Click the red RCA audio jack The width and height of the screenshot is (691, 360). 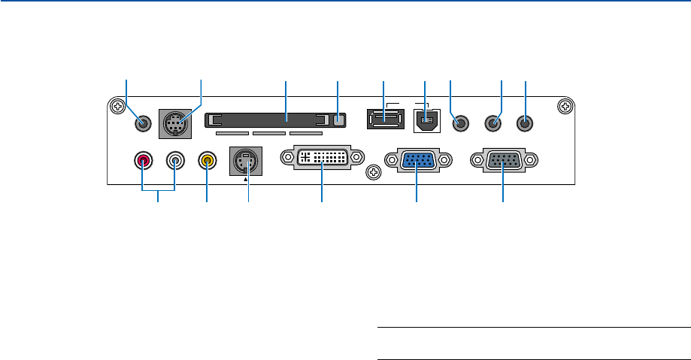click(x=143, y=160)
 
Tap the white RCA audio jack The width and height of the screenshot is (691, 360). click(x=175, y=160)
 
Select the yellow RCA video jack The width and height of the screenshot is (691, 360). click(x=207, y=160)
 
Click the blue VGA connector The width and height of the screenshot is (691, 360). click(x=417, y=162)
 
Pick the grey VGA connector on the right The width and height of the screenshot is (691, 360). click(x=502, y=162)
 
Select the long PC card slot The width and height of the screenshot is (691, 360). click(x=271, y=120)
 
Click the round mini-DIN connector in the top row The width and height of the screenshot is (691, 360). click(x=174, y=123)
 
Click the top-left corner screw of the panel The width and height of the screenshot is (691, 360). click(x=117, y=107)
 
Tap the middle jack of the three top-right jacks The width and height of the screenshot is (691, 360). click(x=493, y=121)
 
